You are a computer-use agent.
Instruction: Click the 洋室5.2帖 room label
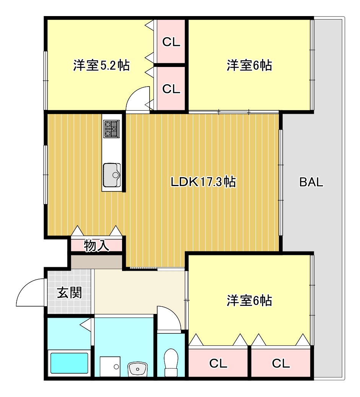point(101,65)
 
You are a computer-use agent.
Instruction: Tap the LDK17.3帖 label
point(203,182)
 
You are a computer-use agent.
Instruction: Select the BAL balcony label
point(311,182)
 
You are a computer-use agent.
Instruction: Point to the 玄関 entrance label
point(70,293)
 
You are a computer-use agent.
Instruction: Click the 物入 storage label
point(96,246)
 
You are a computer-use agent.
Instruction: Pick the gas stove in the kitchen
point(111,129)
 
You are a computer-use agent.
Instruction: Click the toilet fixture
point(170,363)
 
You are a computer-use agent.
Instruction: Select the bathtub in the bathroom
point(69,363)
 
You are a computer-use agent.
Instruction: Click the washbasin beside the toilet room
point(137,369)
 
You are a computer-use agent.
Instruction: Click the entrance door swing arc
point(31,293)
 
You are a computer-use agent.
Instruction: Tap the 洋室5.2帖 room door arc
point(137,100)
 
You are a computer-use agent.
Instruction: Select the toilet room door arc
point(168,318)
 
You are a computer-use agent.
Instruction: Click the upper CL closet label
point(171,42)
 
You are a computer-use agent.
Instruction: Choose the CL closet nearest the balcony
point(281,363)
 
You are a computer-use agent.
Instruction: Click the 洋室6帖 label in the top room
point(249,65)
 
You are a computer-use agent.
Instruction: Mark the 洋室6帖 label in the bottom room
point(249,301)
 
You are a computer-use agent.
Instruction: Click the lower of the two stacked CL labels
point(171,89)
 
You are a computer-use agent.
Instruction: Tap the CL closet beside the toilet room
point(218,363)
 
